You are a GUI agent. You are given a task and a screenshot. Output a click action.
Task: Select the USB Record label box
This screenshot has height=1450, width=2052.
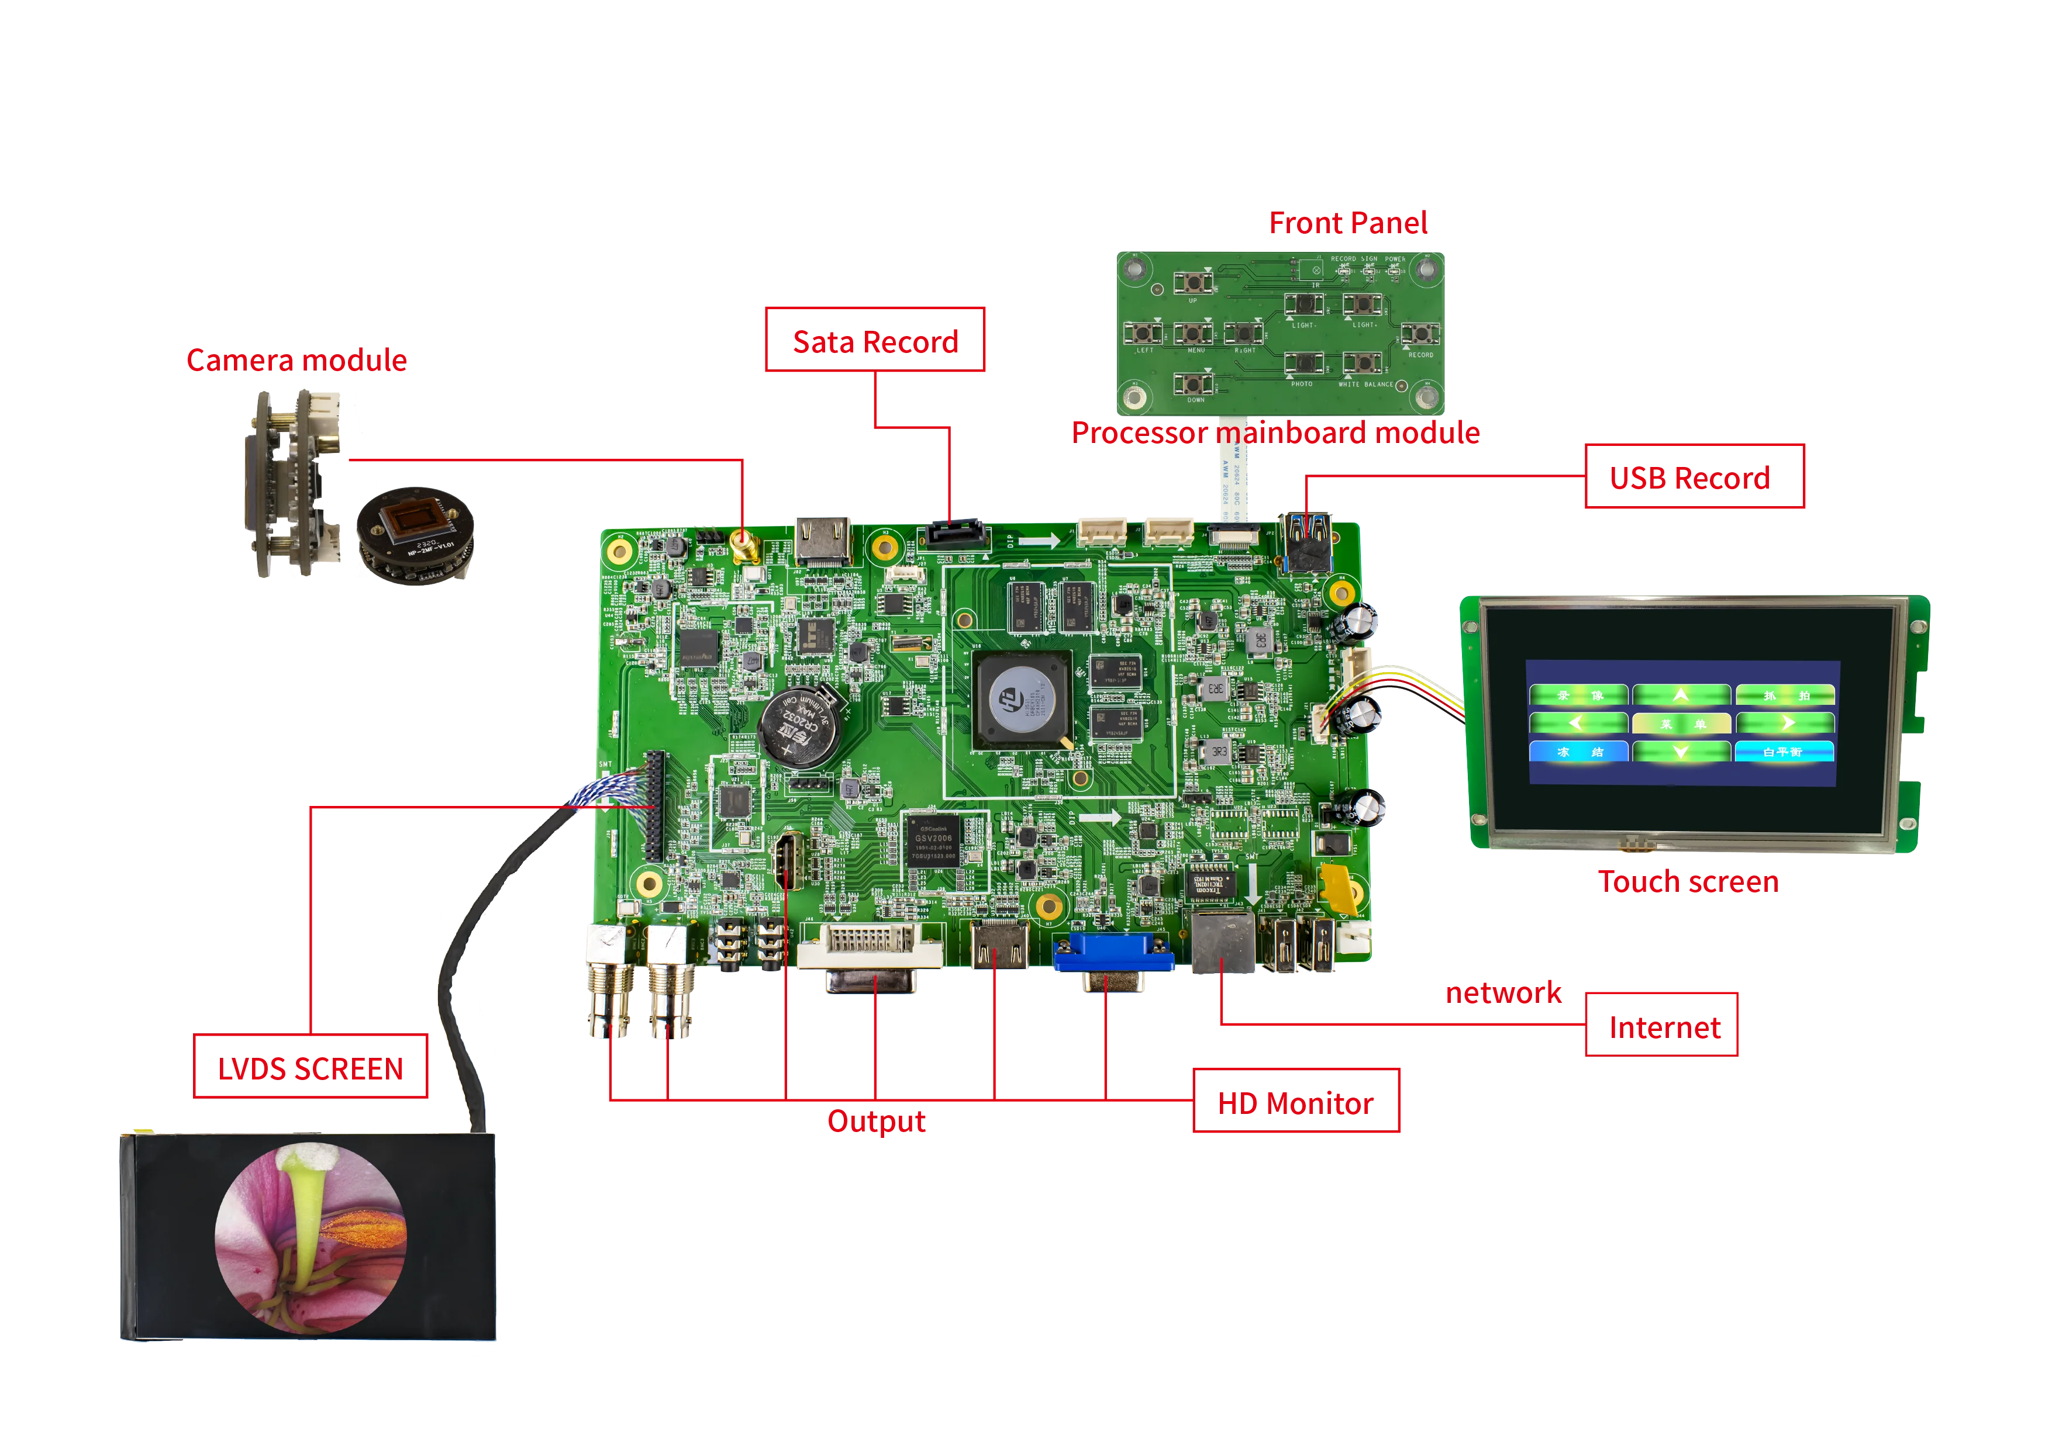click(1692, 476)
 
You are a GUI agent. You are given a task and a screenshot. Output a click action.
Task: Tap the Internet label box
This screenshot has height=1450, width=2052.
click(1661, 1026)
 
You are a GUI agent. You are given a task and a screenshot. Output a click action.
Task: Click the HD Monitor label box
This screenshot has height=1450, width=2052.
click(1294, 1102)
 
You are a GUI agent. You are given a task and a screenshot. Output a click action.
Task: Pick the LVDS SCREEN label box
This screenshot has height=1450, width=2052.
click(310, 1067)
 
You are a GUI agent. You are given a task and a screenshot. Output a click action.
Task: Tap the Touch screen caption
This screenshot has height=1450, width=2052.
click(1687, 882)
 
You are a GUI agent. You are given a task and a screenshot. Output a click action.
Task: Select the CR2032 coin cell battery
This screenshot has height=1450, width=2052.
click(798, 725)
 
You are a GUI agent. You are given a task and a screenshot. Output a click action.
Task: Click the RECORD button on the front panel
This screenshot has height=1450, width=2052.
click(1419, 335)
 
